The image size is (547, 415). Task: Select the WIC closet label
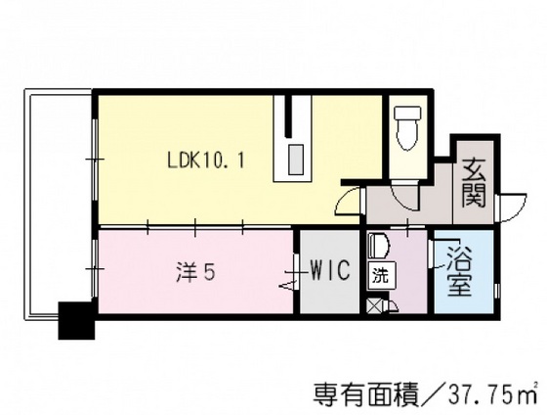click(330, 271)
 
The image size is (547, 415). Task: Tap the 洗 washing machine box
click(378, 275)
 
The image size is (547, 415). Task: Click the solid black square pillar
click(76, 320)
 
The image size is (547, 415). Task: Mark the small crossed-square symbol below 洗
click(374, 305)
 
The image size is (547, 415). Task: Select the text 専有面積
click(359, 394)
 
